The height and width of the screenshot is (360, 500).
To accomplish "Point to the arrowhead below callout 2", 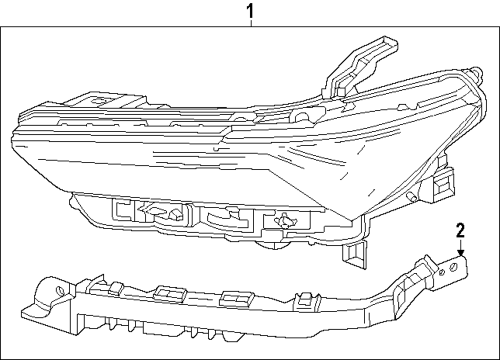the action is tap(460, 253).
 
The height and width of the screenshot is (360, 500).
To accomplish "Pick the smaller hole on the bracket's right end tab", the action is tap(442, 272).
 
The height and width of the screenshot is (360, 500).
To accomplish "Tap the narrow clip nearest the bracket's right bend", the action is tap(303, 299).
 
